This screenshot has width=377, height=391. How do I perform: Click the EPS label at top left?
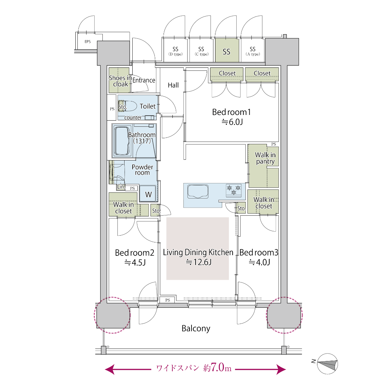(88, 42)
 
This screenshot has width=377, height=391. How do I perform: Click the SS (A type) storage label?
(253, 51)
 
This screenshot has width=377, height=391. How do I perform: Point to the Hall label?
(173, 85)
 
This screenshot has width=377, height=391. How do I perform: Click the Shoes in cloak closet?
(119, 80)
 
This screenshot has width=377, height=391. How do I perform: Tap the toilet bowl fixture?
(128, 106)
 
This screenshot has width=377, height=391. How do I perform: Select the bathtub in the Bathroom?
(122, 141)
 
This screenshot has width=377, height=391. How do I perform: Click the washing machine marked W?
(148, 194)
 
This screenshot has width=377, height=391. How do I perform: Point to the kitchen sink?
(198, 191)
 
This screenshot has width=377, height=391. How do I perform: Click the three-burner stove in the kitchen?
(234, 190)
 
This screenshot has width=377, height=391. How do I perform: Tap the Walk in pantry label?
(265, 158)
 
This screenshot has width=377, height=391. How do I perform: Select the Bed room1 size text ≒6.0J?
(232, 122)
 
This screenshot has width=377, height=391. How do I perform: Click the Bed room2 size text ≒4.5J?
(135, 262)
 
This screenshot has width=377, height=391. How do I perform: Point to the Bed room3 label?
(259, 252)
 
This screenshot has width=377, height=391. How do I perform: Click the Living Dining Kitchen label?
(198, 252)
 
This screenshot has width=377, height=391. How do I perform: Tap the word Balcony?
(196, 328)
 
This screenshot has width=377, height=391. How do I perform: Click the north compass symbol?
(328, 364)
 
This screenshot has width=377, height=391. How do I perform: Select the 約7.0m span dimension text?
(217, 367)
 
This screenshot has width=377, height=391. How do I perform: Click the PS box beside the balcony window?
(167, 300)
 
